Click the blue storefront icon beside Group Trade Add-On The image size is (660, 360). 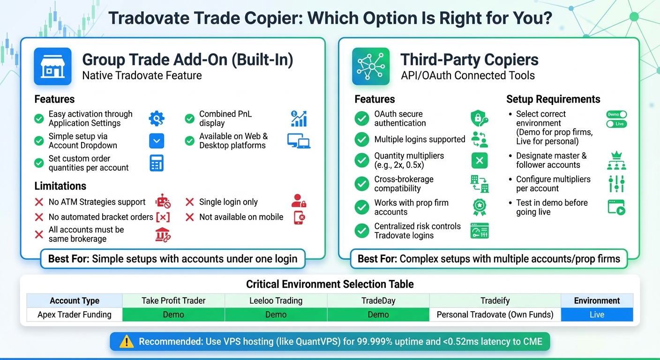pyautogui.click(x=52, y=66)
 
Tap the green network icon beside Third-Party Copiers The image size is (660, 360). pyautogui.click(x=371, y=66)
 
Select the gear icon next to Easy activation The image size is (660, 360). pyautogui.click(x=157, y=119)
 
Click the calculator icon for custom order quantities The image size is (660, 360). pyautogui.click(x=157, y=163)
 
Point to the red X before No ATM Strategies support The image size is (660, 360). pyautogui.click(x=39, y=202)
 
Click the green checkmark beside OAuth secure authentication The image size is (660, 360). pyautogui.click(x=361, y=119)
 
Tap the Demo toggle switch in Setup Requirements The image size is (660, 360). pyautogui.click(x=616, y=114)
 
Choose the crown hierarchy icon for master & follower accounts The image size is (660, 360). pyautogui.click(x=616, y=160)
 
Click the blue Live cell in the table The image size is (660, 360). pyautogui.click(x=597, y=315)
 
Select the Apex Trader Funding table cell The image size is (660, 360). pyautogui.click(x=75, y=315)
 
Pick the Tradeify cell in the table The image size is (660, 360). pyautogui.click(x=495, y=300)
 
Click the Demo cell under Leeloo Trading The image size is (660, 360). pyautogui.click(x=276, y=315)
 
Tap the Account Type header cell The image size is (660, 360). pyautogui.click(x=75, y=300)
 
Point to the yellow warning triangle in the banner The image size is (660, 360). pyautogui.click(x=127, y=341)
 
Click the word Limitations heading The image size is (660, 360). pyautogui.click(x=60, y=186)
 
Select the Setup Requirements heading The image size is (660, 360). pyautogui.click(x=553, y=99)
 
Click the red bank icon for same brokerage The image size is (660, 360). pyautogui.click(x=163, y=234)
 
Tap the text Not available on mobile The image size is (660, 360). pyautogui.click(x=241, y=217)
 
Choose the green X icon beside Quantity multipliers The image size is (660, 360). pyautogui.click(x=479, y=161)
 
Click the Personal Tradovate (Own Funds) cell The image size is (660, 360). pyautogui.click(x=495, y=315)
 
